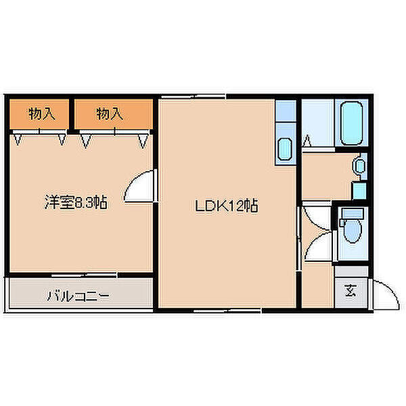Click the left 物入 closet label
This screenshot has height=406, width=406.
(x=41, y=114)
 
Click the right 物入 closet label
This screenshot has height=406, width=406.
(x=109, y=114)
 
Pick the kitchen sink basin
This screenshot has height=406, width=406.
(x=284, y=149)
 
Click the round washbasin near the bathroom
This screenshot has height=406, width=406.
(x=360, y=164)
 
